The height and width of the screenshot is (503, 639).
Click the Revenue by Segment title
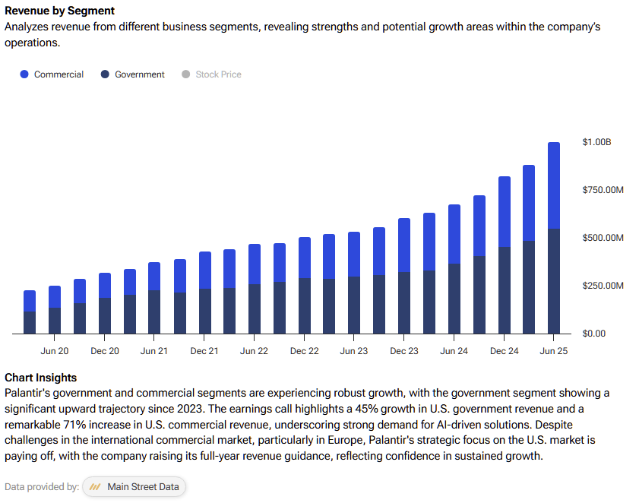[x=60, y=11]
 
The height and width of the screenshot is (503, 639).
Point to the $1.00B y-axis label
[x=596, y=142]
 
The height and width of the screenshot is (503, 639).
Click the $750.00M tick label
[x=603, y=190]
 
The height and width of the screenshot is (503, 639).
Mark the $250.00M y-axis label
[x=603, y=286]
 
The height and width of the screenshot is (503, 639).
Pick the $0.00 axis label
[x=593, y=334]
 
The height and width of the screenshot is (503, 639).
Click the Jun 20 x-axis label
[x=55, y=351]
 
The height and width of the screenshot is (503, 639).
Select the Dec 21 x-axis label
[x=204, y=351]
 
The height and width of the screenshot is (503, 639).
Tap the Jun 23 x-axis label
[x=354, y=351]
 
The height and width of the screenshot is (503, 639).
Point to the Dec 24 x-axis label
[x=504, y=351]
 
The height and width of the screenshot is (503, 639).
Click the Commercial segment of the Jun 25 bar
[x=554, y=185]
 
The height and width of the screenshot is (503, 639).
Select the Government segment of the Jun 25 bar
[x=554, y=281]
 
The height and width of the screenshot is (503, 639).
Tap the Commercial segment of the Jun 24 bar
[x=454, y=234]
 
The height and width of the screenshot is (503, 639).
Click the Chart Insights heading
[x=40, y=378]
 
